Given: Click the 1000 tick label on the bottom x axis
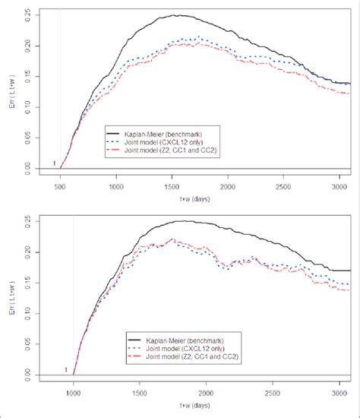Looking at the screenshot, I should tap(74, 394).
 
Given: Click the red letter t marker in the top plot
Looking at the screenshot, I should tap(54, 163).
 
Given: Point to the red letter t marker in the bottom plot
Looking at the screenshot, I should tap(66, 370).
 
